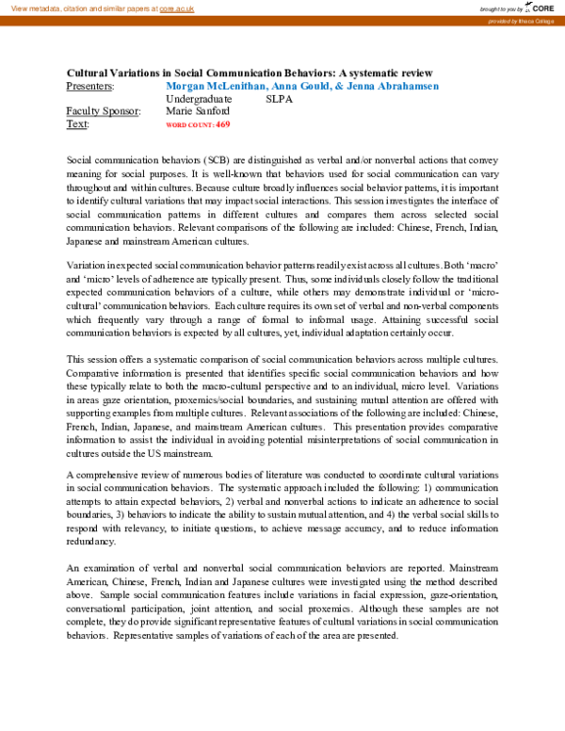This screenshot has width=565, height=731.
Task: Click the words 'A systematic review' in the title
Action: pyautogui.click(x=385, y=73)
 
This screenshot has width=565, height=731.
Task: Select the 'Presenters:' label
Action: pyautogui.click(x=90, y=86)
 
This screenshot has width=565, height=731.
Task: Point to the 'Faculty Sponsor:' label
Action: pyautogui.click(x=104, y=111)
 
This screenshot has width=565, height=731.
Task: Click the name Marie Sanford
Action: pyautogui.click(x=197, y=111)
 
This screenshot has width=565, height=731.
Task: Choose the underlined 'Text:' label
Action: pyautogui.click(x=78, y=123)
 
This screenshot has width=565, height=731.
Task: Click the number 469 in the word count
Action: pyautogui.click(x=222, y=124)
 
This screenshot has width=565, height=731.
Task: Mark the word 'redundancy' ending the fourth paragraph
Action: pyautogui.click(x=91, y=543)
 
